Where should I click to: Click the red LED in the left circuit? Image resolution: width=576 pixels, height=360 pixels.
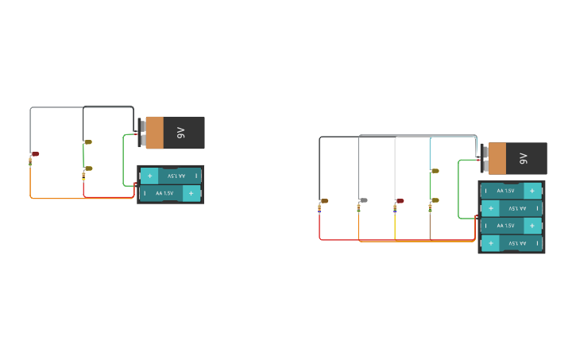tap(35, 153)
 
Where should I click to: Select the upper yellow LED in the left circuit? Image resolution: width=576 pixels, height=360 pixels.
tap(87, 141)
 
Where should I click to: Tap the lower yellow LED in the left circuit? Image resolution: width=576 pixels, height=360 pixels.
tap(87, 168)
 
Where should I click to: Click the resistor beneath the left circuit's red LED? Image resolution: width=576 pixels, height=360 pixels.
tap(30, 161)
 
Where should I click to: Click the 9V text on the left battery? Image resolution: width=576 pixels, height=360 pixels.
tap(180, 133)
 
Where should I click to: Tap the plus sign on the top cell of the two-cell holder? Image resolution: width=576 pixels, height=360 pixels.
tap(149, 176)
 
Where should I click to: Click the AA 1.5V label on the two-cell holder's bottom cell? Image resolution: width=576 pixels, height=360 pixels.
tap(164, 193)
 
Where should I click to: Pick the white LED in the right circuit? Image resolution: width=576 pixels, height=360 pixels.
tap(363, 200)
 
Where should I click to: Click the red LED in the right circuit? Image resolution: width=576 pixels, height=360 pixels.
tap(400, 200)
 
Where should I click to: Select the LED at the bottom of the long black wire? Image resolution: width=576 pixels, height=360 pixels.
tap(323, 200)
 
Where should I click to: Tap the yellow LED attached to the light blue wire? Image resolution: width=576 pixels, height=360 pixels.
tap(435, 170)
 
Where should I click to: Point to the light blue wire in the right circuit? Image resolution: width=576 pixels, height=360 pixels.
tap(430, 151)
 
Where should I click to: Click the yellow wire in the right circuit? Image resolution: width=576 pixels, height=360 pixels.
tap(395, 226)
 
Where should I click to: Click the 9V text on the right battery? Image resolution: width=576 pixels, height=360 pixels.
tap(523, 158)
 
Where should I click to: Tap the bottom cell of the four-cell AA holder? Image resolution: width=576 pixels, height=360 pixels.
tap(511, 243)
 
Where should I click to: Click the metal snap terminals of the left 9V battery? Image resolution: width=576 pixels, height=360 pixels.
tap(141, 133)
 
